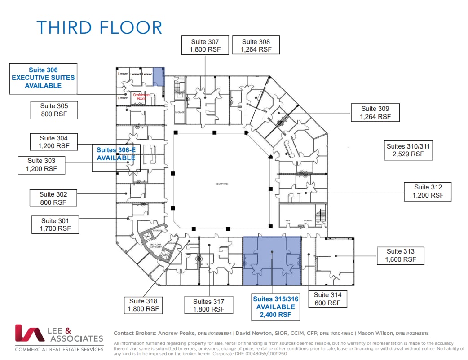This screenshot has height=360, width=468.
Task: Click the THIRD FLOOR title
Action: pyautogui.click(x=99, y=27)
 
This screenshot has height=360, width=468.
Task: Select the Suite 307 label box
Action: pyautogui.click(x=205, y=45)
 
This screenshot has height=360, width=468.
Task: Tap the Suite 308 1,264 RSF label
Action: pyautogui.click(x=256, y=45)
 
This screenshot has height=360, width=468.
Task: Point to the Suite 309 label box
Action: pyautogui.click(x=375, y=112)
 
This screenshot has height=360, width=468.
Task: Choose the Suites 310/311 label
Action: pyautogui.click(x=408, y=150)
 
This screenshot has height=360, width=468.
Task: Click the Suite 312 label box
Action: pyautogui.click(x=428, y=191)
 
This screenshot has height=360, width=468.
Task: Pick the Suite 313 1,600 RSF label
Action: pyautogui.click(x=400, y=255)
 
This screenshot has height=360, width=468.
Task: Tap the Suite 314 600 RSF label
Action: pyautogui.click(x=327, y=299)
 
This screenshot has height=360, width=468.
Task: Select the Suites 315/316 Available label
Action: pyautogui.click(x=275, y=307)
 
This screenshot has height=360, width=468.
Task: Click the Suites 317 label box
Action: pyautogui.click(x=208, y=305)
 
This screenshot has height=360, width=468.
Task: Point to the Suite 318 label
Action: pyautogui.click(x=143, y=305)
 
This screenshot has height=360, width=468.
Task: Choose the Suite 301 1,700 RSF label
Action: pyautogui.click(x=55, y=224)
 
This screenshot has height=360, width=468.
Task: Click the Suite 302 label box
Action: pyautogui.click(x=53, y=198)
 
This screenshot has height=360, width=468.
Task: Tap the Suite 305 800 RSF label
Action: pyautogui.click(x=54, y=110)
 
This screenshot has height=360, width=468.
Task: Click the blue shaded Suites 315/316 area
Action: pyautogui.click(x=272, y=261)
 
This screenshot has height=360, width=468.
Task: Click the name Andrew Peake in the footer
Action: pyautogui.click(x=177, y=333)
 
